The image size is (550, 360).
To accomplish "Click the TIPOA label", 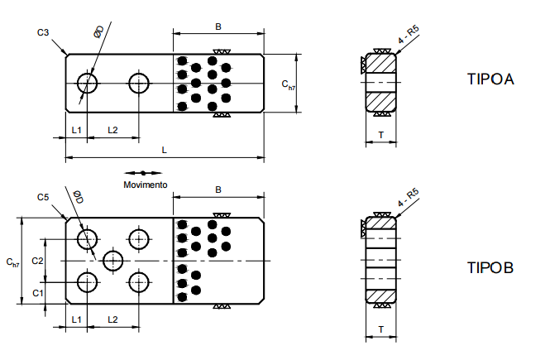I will click(x=491, y=80).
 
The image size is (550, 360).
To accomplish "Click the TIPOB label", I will click(x=490, y=267).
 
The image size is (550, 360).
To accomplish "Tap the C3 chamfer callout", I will click(x=44, y=32).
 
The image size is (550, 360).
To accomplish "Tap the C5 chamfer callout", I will click(x=44, y=196).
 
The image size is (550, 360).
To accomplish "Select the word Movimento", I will click(x=146, y=184).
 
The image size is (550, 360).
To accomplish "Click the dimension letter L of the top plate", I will click(x=165, y=150).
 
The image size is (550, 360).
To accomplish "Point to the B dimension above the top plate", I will click(x=218, y=27).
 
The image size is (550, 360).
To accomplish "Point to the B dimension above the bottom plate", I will click(x=218, y=190).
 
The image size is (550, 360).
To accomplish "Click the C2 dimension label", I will click(x=37, y=261).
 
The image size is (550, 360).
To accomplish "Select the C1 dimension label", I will click(x=37, y=293).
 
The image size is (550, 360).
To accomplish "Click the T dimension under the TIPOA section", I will click(x=380, y=134).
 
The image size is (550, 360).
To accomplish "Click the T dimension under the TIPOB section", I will click(x=380, y=329).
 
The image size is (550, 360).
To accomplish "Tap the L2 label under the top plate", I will click(x=113, y=130).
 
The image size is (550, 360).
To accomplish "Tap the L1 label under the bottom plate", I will click(x=75, y=319).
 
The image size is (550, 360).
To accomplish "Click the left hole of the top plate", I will click(x=87, y=83).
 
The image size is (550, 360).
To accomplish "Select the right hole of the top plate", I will click(x=139, y=83).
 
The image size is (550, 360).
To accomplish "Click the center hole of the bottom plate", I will click(x=113, y=260).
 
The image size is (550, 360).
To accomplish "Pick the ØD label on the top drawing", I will click(x=98, y=31).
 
